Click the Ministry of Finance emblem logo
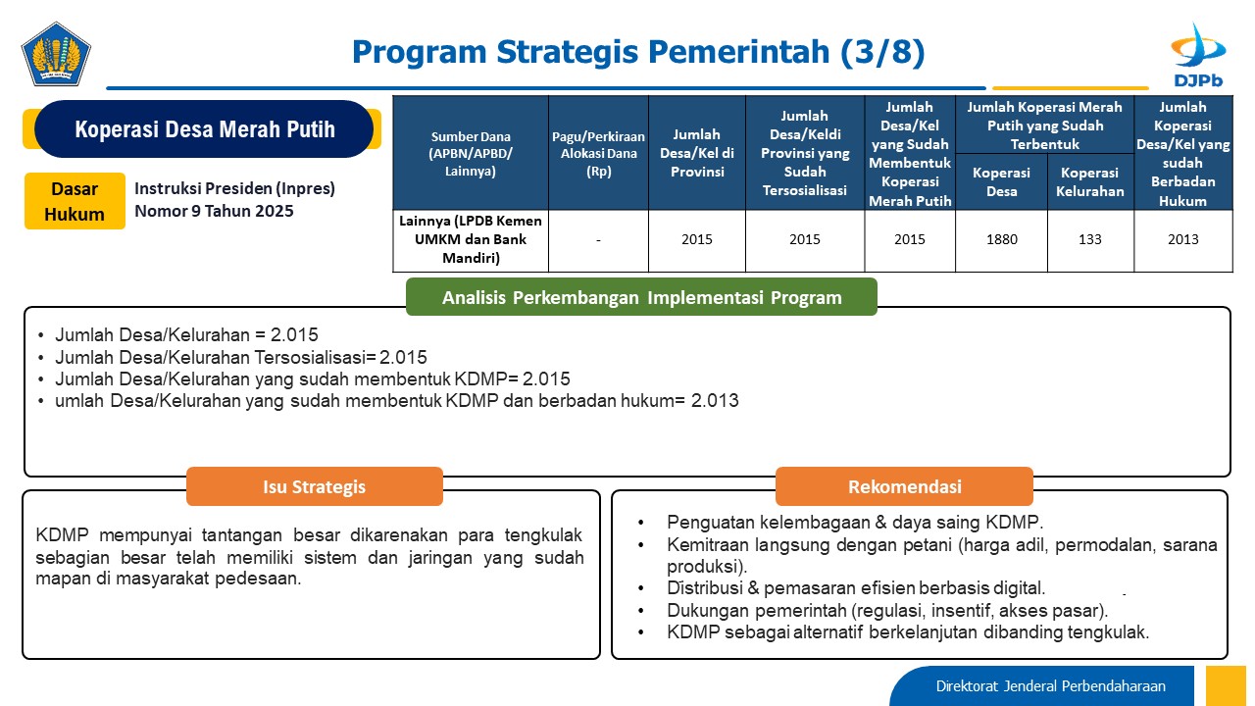click(x=56, y=54)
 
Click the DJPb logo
click(x=1198, y=55)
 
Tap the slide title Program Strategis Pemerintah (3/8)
click(x=638, y=52)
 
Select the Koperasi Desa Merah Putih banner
click(x=204, y=128)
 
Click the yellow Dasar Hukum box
click(x=75, y=201)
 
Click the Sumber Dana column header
click(x=470, y=154)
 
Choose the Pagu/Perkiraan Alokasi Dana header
click(x=598, y=154)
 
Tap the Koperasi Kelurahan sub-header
click(x=1089, y=182)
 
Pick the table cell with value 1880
click(x=1001, y=240)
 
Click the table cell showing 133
click(x=1089, y=240)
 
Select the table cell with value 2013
click(x=1182, y=240)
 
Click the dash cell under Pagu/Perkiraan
click(x=598, y=240)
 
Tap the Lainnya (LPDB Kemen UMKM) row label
click(x=470, y=239)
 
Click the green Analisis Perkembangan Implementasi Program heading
click(x=641, y=297)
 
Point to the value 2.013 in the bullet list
click(x=715, y=401)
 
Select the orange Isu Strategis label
click(x=315, y=486)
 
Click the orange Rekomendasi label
click(x=904, y=486)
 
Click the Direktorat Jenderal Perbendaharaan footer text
click(x=1050, y=685)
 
